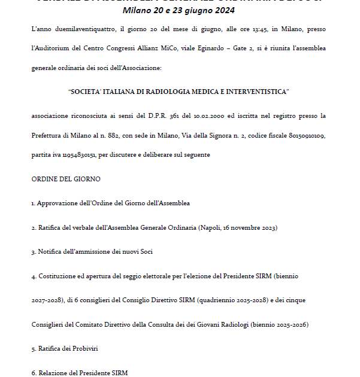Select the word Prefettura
point(47,136)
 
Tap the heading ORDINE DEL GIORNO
point(66,179)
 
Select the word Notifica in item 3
point(50,252)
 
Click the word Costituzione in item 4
point(58,276)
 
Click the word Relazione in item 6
point(53,373)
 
